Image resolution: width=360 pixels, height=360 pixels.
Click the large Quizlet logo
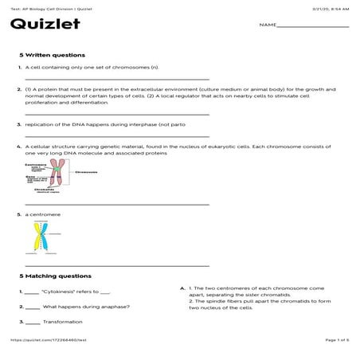pos(45,25)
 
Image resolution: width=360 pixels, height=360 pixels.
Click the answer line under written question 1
pos(117,80)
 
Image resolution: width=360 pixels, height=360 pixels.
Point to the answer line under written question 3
pos(117,136)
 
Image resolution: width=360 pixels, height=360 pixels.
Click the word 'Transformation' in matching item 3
pos(63,322)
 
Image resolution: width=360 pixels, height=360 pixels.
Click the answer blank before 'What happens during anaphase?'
pos(33,307)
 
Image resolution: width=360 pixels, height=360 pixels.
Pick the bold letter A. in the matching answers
pos(182,287)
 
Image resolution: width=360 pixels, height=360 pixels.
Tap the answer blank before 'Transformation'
pos(33,323)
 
